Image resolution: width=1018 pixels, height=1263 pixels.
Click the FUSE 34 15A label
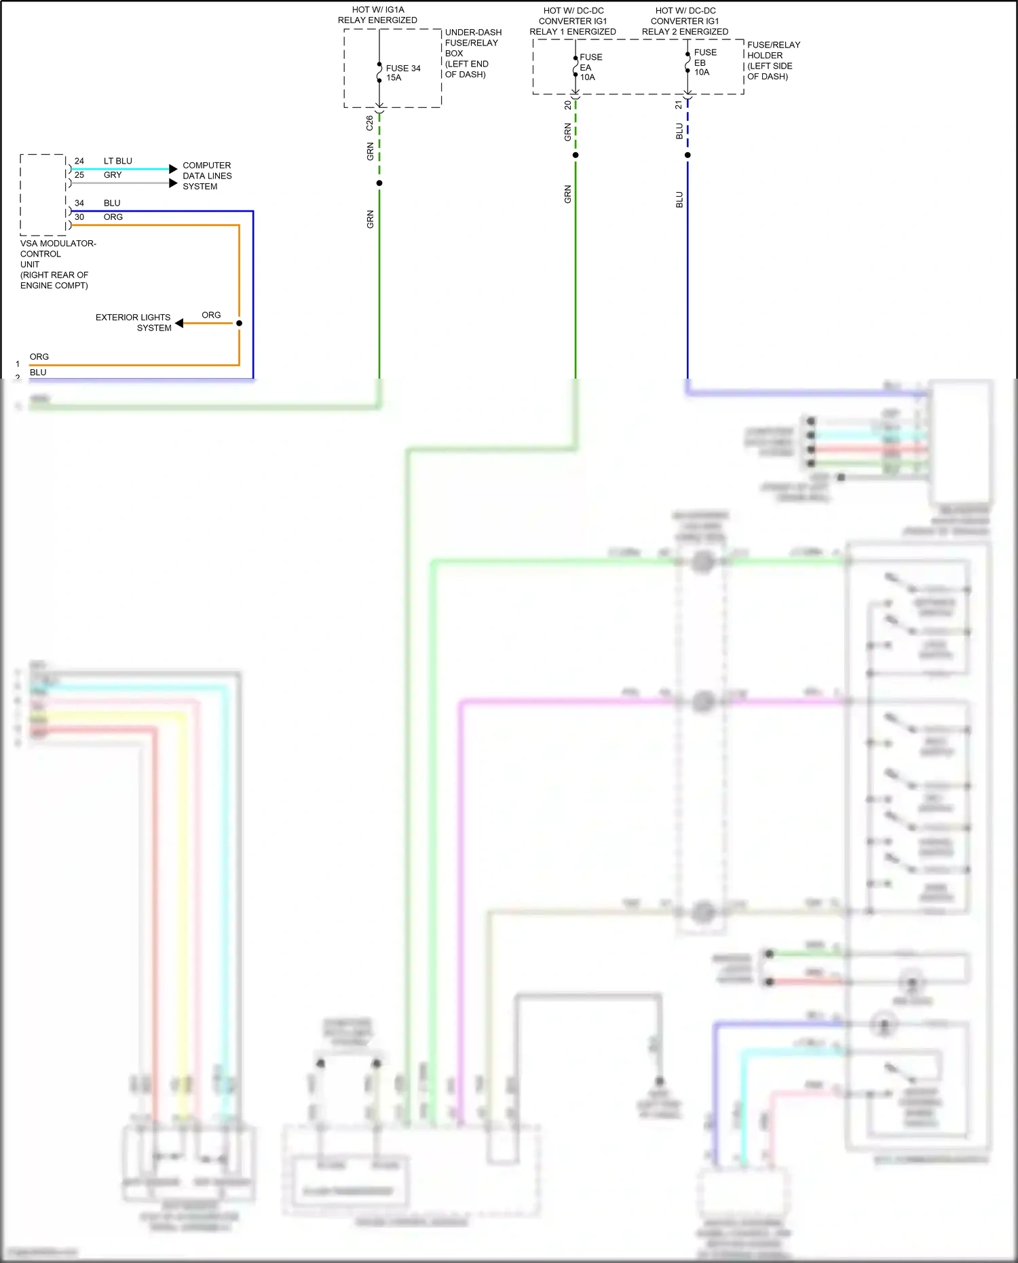[x=402, y=73]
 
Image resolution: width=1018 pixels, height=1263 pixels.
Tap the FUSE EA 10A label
[x=590, y=67]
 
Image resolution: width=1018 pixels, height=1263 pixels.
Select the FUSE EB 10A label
[x=704, y=62]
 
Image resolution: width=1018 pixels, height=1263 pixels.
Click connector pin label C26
[x=369, y=123]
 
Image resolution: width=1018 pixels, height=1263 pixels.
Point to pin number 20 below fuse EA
[x=567, y=105]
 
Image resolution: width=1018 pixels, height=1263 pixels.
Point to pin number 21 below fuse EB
[x=679, y=105]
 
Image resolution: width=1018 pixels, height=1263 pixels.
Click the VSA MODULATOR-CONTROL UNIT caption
[x=57, y=264]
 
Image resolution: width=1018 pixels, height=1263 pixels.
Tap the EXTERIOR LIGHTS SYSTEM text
[x=134, y=322]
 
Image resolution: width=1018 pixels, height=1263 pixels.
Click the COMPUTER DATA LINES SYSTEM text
[x=207, y=176]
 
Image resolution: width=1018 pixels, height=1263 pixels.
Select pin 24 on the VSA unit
[x=79, y=162]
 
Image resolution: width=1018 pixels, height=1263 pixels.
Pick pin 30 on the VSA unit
[x=79, y=217]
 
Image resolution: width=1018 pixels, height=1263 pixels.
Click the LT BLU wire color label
[x=117, y=162]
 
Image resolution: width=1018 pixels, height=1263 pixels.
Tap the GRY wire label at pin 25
[x=113, y=175]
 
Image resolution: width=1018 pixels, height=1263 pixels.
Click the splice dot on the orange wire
[x=239, y=323]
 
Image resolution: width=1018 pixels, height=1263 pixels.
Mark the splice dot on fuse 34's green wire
[x=379, y=183]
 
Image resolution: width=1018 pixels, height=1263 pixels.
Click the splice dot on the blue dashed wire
[x=687, y=155]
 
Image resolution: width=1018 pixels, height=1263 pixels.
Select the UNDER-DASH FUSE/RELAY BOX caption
[x=472, y=53]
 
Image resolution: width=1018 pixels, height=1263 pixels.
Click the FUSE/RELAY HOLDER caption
[x=773, y=60]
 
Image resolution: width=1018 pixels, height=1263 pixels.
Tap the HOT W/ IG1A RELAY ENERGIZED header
[x=377, y=15]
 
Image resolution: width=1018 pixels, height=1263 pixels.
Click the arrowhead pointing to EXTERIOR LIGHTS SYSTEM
[x=179, y=323]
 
